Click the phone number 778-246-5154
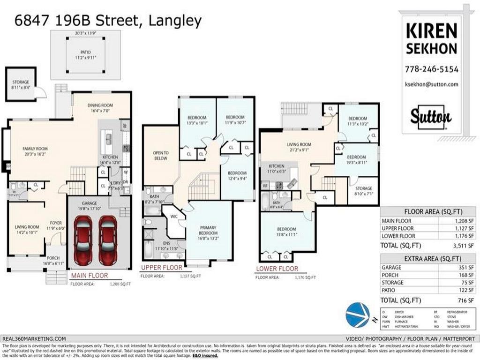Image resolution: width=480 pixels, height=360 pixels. [x=431, y=69]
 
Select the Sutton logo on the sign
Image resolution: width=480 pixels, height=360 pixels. [x=431, y=117]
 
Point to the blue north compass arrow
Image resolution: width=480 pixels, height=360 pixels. [x=358, y=315]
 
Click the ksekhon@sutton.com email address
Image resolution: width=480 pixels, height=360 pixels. [x=431, y=84]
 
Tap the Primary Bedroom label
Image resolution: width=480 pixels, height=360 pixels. [x=208, y=230]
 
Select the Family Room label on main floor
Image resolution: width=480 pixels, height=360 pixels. [x=35, y=149]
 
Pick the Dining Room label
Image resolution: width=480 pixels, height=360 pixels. [x=100, y=105]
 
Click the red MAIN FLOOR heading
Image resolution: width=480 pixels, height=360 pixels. [x=89, y=276]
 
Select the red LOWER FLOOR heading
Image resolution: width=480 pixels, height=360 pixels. [x=277, y=269]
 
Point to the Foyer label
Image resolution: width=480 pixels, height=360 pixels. [x=56, y=223]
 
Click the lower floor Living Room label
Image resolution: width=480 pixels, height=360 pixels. [x=299, y=144]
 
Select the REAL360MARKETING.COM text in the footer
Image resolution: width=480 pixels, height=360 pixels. [x=34, y=338]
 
